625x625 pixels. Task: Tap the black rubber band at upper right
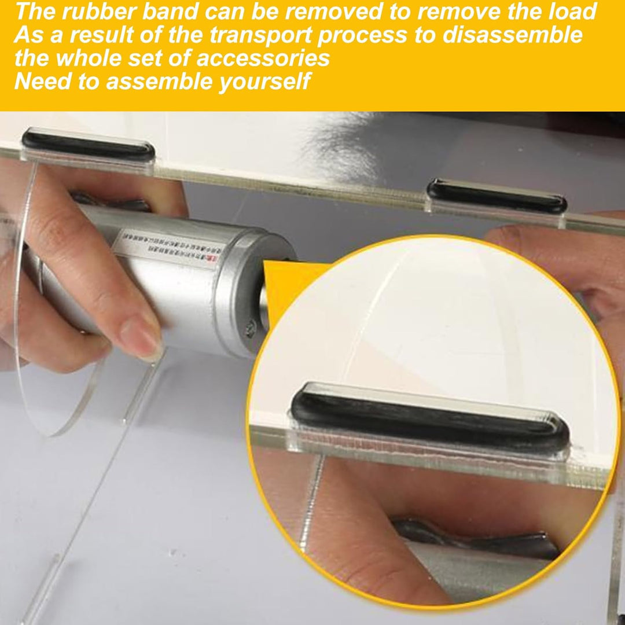pyautogui.click(x=497, y=196)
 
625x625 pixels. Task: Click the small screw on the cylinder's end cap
pyautogui.click(x=251, y=329)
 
